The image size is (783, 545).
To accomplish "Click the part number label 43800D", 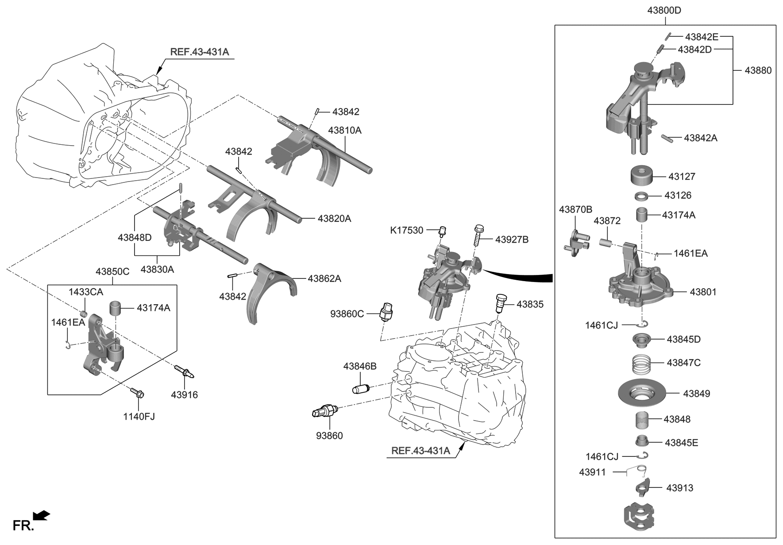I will [665, 11].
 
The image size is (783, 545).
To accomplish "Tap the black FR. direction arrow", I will [42, 516].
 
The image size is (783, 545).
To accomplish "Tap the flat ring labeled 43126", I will [642, 195].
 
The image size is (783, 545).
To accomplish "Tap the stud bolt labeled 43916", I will [184, 371].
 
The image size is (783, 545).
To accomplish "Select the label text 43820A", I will [334, 218].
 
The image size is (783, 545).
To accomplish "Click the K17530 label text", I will [406, 230].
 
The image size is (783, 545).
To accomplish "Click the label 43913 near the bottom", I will [680, 488].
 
